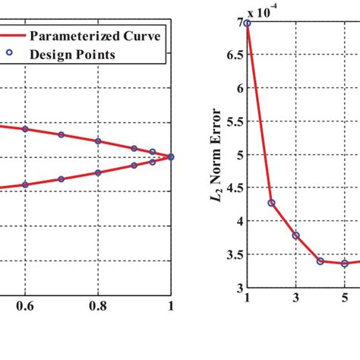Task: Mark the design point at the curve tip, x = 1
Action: pyautogui.click(x=171, y=156)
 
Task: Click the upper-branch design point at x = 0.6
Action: pyautogui.click(x=25, y=129)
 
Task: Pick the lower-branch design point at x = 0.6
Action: pyautogui.click(x=25, y=185)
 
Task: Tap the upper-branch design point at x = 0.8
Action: pyautogui.click(x=98, y=141)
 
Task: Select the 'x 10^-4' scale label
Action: pyautogui.click(x=256, y=13)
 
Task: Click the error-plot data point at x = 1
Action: pyautogui.click(x=247, y=24)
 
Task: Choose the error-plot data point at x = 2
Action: pyautogui.click(x=271, y=203)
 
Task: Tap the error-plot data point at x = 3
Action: pyautogui.click(x=295, y=235)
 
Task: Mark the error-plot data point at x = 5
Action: pyautogui.click(x=344, y=263)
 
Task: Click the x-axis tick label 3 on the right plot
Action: pyautogui.click(x=295, y=298)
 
